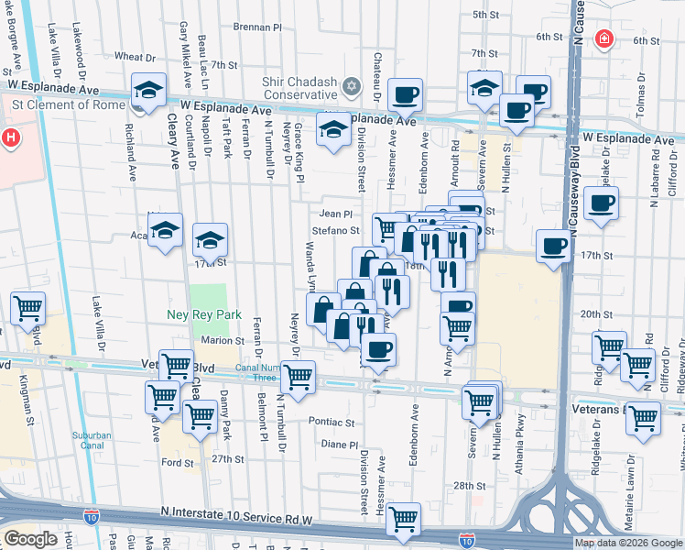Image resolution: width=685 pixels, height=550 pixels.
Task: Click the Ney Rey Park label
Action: pos(203,315)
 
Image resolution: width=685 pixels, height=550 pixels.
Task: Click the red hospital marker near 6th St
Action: pos(603,39)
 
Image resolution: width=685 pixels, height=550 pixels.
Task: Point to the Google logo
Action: pos(30,539)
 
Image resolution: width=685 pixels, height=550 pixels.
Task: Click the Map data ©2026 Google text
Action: pos(628,543)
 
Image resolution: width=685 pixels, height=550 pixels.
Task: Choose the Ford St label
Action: pos(177,463)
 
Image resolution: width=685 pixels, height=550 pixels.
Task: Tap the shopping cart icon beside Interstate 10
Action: pos(403,519)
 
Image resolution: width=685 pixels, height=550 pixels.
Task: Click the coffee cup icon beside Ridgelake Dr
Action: pos(601,203)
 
